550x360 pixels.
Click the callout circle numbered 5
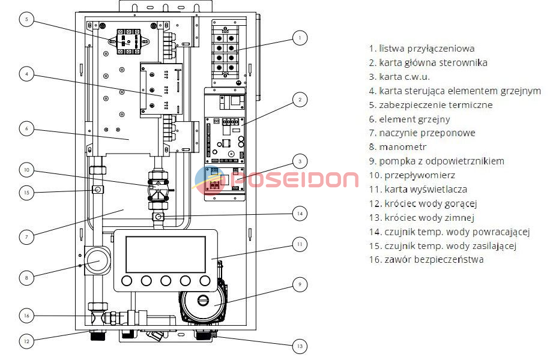26,19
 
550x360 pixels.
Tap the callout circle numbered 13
300,346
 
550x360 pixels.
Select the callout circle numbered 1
300,38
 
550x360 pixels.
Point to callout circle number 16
26,316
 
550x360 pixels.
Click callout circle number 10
26,170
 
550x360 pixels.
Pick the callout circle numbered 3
300,161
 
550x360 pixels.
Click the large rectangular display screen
166,254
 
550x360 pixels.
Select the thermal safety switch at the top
128,42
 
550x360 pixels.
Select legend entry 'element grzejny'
409,119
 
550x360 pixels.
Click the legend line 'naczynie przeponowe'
422,133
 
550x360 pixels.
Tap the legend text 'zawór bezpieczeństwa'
426,260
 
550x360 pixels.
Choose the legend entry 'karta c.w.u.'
399,77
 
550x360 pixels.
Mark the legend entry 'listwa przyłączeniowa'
422,49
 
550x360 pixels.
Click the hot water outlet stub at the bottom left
97,335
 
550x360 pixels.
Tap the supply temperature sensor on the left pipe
98,190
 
